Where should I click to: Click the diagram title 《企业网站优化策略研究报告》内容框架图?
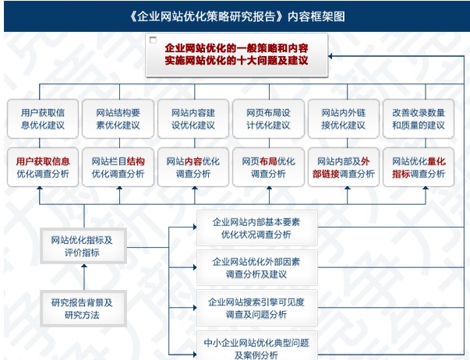click(x=237, y=16)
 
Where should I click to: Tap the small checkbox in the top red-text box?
click(x=153, y=40)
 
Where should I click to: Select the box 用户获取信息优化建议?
click(x=43, y=119)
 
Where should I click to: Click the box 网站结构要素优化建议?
click(x=118, y=119)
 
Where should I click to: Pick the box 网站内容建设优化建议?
click(x=193, y=119)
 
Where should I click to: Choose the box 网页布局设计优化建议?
click(x=269, y=119)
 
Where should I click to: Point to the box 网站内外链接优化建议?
click(x=344, y=119)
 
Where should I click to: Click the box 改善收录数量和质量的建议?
click(x=419, y=119)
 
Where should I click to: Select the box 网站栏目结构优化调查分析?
click(x=118, y=168)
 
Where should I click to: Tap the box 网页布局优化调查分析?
click(x=269, y=168)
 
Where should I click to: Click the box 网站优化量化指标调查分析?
click(x=419, y=168)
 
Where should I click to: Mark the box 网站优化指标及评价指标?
click(x=83, y=246)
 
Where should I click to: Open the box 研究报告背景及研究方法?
click(x=83, y=309)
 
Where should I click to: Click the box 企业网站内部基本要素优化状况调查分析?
click(x=257, y=228)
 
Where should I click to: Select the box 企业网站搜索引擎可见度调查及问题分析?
click(x=257, y=308)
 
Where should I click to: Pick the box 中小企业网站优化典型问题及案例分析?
click(x=257, y=346)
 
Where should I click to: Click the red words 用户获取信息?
click(x=43, y=161)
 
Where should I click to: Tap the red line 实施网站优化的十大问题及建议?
click(x=236, y=61)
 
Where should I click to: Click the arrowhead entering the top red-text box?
click(x=330, y=56)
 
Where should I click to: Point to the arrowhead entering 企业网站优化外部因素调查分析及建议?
click(x=195, y=267)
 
